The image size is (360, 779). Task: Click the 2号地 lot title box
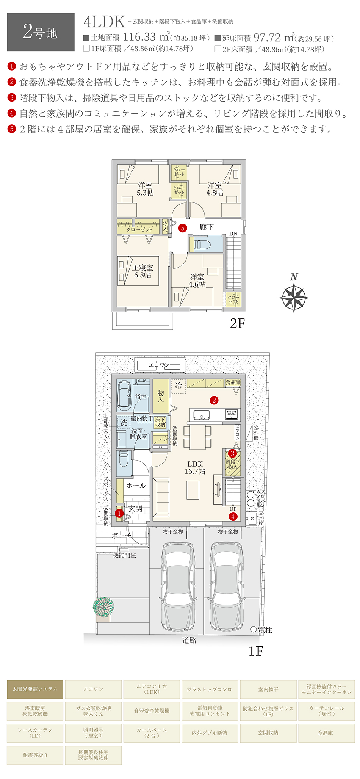coord(41,32)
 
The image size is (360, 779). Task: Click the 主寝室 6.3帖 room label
coord(142,271)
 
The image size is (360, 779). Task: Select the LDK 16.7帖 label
coord(195,468)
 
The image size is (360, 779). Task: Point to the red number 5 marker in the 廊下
coord(183,228)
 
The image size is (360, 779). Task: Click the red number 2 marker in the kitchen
coord(214,400)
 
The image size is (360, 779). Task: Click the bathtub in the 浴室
coord(124,395)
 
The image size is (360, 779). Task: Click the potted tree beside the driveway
coord(103,607)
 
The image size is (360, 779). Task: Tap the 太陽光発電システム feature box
coord(35,689)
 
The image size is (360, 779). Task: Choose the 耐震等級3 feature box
coord(35,755)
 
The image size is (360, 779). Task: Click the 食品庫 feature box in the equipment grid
coord(326,733)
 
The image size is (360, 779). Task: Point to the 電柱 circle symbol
coord(254,630)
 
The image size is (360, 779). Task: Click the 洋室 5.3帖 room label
coord(145,189)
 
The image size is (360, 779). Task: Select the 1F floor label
coord(255,651)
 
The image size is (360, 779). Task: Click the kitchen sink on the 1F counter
coord(202,415)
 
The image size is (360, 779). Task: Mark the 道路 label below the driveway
coord(189,640)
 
